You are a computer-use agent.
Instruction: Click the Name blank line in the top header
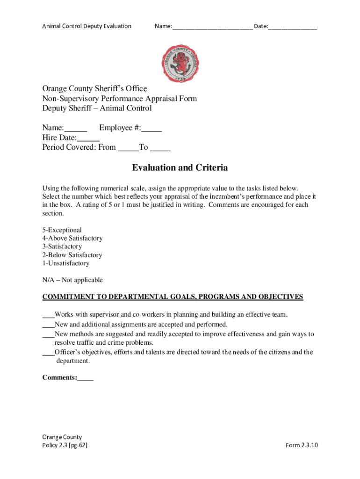pyautogui.click(x=212, y=26)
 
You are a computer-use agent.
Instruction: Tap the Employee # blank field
pyautogui.click(x=152, y=128)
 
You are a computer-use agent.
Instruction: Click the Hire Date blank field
pyautogui.click(x=88, y=138)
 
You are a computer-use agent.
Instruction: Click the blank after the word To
pyautogui.click(x=160, y=148)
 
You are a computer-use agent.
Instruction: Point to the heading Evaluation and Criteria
pyautogui.click(x=180, y=167)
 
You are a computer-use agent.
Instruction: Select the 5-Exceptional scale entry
pyautogui.click(x=62, y=230)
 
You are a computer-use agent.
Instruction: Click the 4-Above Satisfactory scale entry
pyautogui.click(x=72, y=239)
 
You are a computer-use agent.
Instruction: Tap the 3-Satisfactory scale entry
pyautogui.click(x=62, y=247)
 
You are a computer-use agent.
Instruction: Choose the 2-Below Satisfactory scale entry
pyautogui.click(x=72, y=255)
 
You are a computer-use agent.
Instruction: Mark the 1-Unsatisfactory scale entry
pyautogui.click(x=65, y=263)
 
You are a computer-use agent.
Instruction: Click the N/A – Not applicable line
pyautogui.click(x=72, y=280)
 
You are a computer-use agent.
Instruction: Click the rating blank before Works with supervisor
pyautogui.click(x=48, y=315)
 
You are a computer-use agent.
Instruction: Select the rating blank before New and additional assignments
pyautogui.click(x=48, y=325)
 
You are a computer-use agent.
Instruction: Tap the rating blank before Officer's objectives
pyautogui.click(x=48, y=353)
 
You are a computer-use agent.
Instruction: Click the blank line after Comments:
pyautogui.click(x=86, y=378)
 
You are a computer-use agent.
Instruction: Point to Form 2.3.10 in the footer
pyautogui.click(x=302, y=445)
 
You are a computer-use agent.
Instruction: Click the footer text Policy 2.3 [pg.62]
pyautogui.click(x=65, y=445)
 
